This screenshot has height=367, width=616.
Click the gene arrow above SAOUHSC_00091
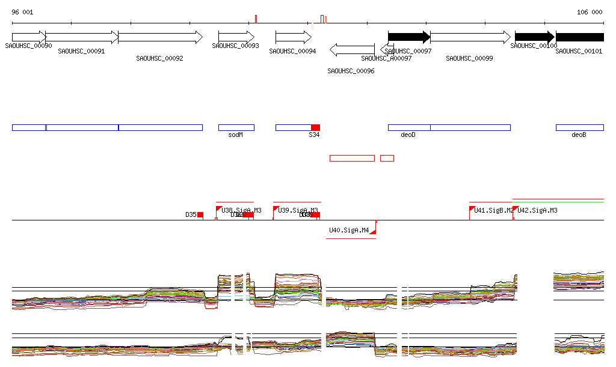pos(82,37)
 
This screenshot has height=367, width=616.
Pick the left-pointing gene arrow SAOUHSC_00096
pos(352,49)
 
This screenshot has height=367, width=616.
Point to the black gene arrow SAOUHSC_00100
pos(534,37)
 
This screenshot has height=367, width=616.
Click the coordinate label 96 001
pos(23,12)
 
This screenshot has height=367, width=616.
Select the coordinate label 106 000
pos(590,12)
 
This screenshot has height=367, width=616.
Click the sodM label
pos(236,135)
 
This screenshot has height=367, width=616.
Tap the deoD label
pos(408,135)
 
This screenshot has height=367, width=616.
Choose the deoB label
pos(579,135)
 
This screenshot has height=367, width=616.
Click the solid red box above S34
pos(315,127)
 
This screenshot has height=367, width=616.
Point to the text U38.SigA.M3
pos(242,210)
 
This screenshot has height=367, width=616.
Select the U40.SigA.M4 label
pos(349,230)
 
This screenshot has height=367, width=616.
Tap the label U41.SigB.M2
pos(494,210)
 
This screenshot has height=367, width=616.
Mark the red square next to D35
pos(200,214)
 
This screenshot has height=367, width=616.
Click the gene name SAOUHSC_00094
pos(292,52)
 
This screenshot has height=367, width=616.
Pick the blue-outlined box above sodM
pos(236,127)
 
